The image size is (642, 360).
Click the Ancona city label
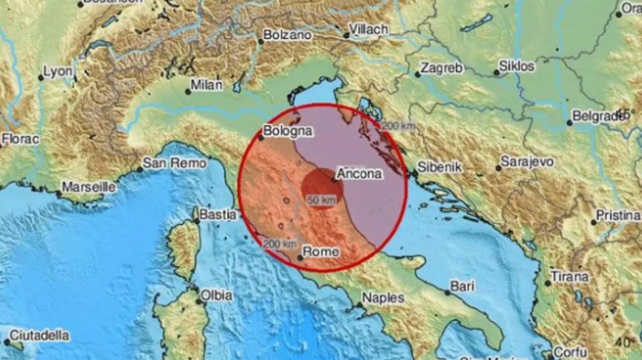[x=359, y=173]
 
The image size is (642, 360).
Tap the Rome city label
[x=321, y=251]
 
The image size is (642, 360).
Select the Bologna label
[x=288, y=131]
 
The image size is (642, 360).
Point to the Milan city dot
[x=188, y=91]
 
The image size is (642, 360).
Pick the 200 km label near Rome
[x=280, y=244]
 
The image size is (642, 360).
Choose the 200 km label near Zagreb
[x=398, y=126]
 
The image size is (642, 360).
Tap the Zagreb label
[x=441, y=68]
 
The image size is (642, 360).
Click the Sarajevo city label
[x=527, y=162]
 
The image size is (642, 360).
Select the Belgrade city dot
[x=570, y=122]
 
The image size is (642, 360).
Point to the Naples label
[x=384, y=298]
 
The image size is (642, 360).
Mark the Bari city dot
[x=447, y=293]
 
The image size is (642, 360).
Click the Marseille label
[x=89, y=187]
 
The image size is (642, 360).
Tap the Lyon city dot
[x=41, y=78]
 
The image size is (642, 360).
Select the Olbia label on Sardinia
[x=217, y=295]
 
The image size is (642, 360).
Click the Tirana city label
[x=570, y=277]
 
